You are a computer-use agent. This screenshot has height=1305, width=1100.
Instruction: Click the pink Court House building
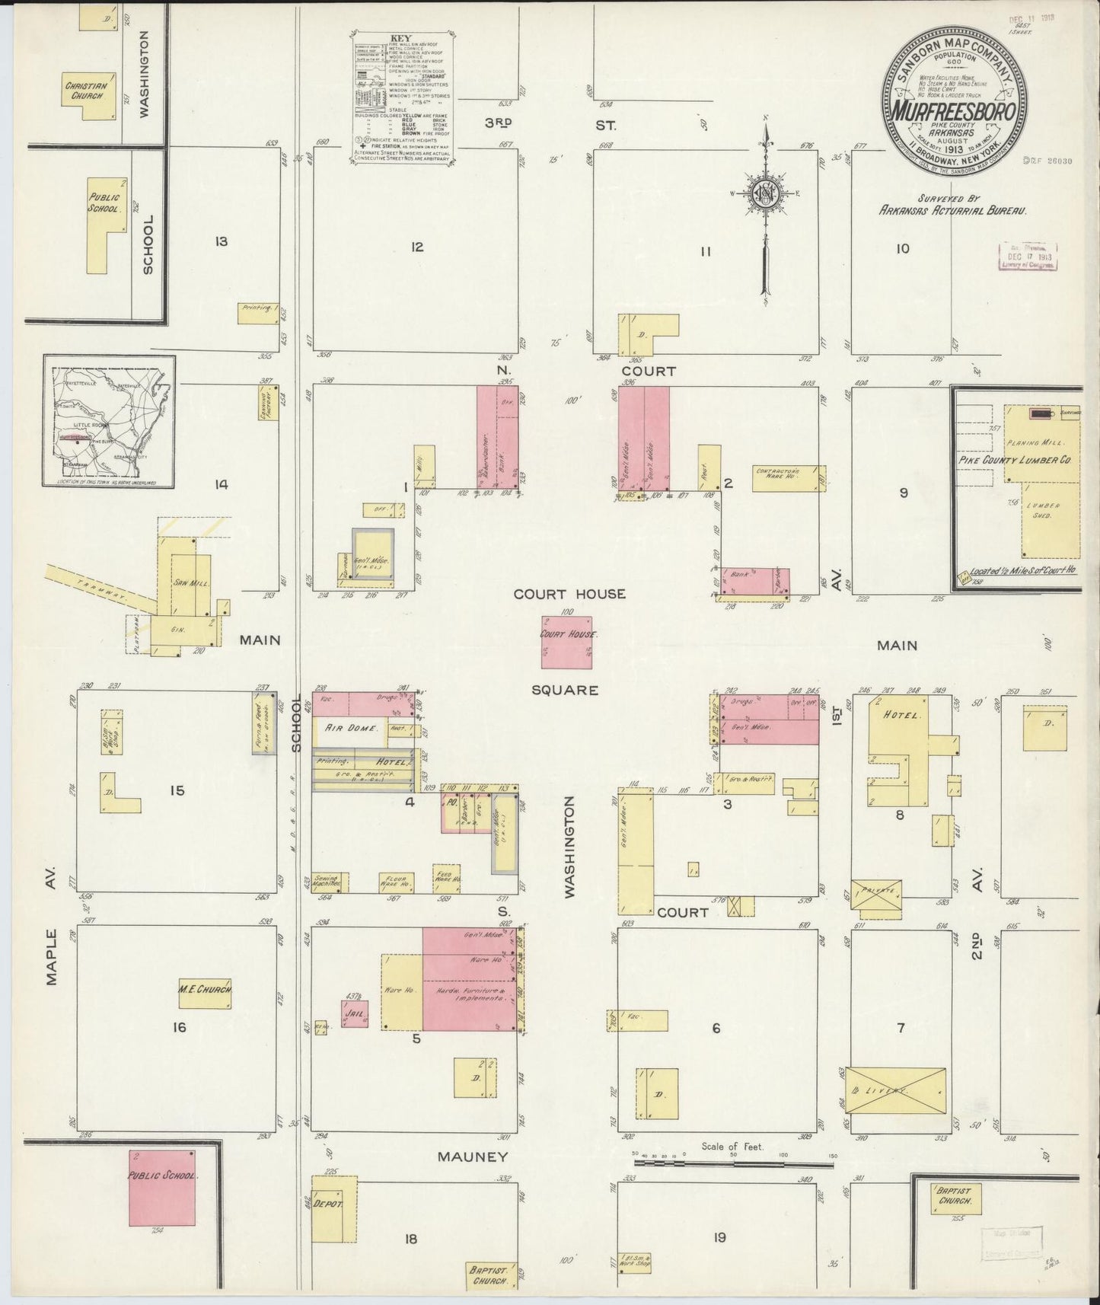566,642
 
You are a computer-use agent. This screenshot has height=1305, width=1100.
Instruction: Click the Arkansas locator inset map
109,421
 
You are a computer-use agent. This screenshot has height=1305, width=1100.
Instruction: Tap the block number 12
416,247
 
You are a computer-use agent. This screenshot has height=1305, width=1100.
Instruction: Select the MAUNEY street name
472,1157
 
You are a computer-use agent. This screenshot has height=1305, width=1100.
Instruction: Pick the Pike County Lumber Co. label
1015,460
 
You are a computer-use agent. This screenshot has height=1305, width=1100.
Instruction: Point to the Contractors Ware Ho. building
789,478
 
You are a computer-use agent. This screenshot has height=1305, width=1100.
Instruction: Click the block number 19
719,1237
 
